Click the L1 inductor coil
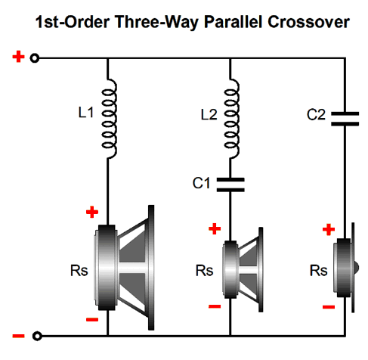pyautogui.click(x=109, y=119)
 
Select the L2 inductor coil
pyautogui.click(x=231, y=119)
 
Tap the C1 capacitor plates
pyautogui.click(x=230, y=185)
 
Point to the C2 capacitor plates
pyautogui.click(x=345, y=119)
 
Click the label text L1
pyautogui.click(x=86, y=113)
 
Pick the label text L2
pyautogui.click(x=209, y=115)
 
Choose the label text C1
pyautogui.click(x=201, y=183)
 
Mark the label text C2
pyautogui.click(x=316, y=115)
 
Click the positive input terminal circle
pyautogui.click(x=35, y=58)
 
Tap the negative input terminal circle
pyautogui.click(x=37, y=336)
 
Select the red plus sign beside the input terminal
pyautogui.click(x=18, y=57)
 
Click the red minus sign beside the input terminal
pyautogui.click(x=18, y=336)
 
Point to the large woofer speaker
pyautogui.click(x=124, y=268)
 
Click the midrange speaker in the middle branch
pyautogui.click(x=243, y=269)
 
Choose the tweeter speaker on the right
pyautogui.click(x=346, y=268)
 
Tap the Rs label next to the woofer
pyautogui.click(x=79, y=271)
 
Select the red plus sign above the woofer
pyautogui.click(x=92, y=212)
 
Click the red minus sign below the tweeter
pyautogui.click(x=329, y=307)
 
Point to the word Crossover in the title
pyautogui.click(x=308, y=22)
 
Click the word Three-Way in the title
pyautogui.click(x=157, y=23)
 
